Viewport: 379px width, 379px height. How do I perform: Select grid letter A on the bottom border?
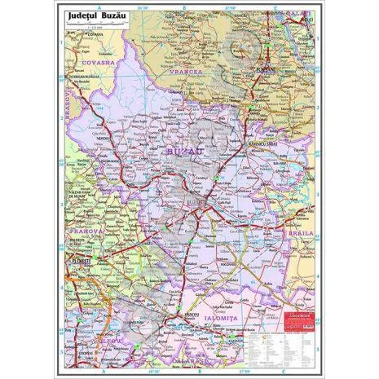coord(104,371)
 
